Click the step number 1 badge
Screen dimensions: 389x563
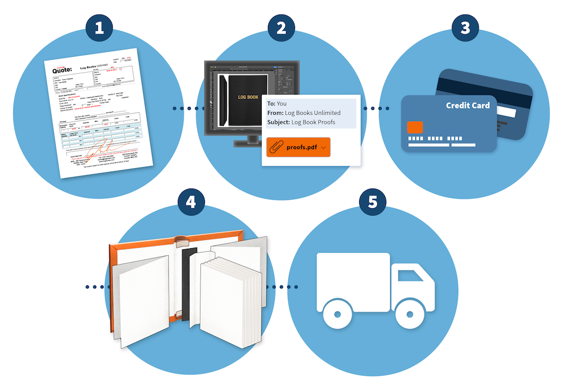coord(100,28)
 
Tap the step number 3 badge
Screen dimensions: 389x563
coord(465,28)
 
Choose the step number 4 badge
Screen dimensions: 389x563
coord(191,202)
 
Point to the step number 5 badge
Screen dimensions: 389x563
coord(372,202)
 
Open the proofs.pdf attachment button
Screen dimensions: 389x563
coord(298,147)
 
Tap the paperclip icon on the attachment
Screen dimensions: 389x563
coord(276,147)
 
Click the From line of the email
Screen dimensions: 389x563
coord(304,113)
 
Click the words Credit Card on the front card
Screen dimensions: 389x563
coord(467,105)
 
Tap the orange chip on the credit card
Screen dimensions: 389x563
coord(415,127)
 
